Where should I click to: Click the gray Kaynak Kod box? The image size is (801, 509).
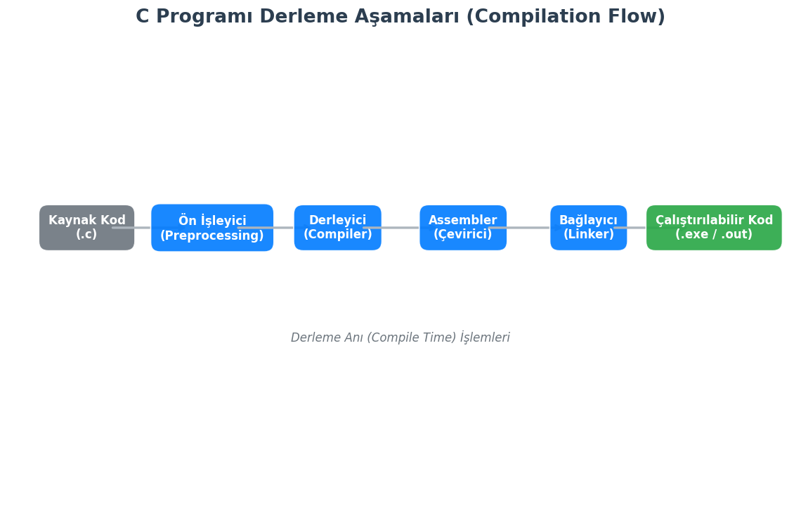[x=86, y=227]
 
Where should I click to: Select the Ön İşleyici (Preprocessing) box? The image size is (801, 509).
[x=211, y=228]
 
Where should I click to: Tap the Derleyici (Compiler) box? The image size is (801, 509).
[x=337, y=227]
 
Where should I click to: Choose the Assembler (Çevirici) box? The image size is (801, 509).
[x=462, y=227]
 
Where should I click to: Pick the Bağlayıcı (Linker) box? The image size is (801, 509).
[x=588, y=227]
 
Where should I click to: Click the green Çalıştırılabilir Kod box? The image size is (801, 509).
[x=713, y=227]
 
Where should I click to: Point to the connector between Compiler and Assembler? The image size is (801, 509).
[x=400, y=228]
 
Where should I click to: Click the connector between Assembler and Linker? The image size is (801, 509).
[x=528, y=228]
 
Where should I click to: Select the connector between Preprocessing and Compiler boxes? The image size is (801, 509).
[x=284, y=228]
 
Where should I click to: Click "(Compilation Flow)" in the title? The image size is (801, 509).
[x=565, y=17]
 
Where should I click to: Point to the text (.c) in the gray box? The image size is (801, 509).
[x=86, y=235]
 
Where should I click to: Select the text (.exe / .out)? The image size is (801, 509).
[x=713, y=235]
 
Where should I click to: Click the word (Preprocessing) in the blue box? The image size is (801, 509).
[x=211, y=236]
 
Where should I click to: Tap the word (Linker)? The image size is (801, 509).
[x=588, y=235]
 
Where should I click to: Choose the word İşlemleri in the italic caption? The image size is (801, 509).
[x=485, y=337]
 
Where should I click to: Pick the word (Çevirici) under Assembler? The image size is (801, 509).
[x=462, y=235]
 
